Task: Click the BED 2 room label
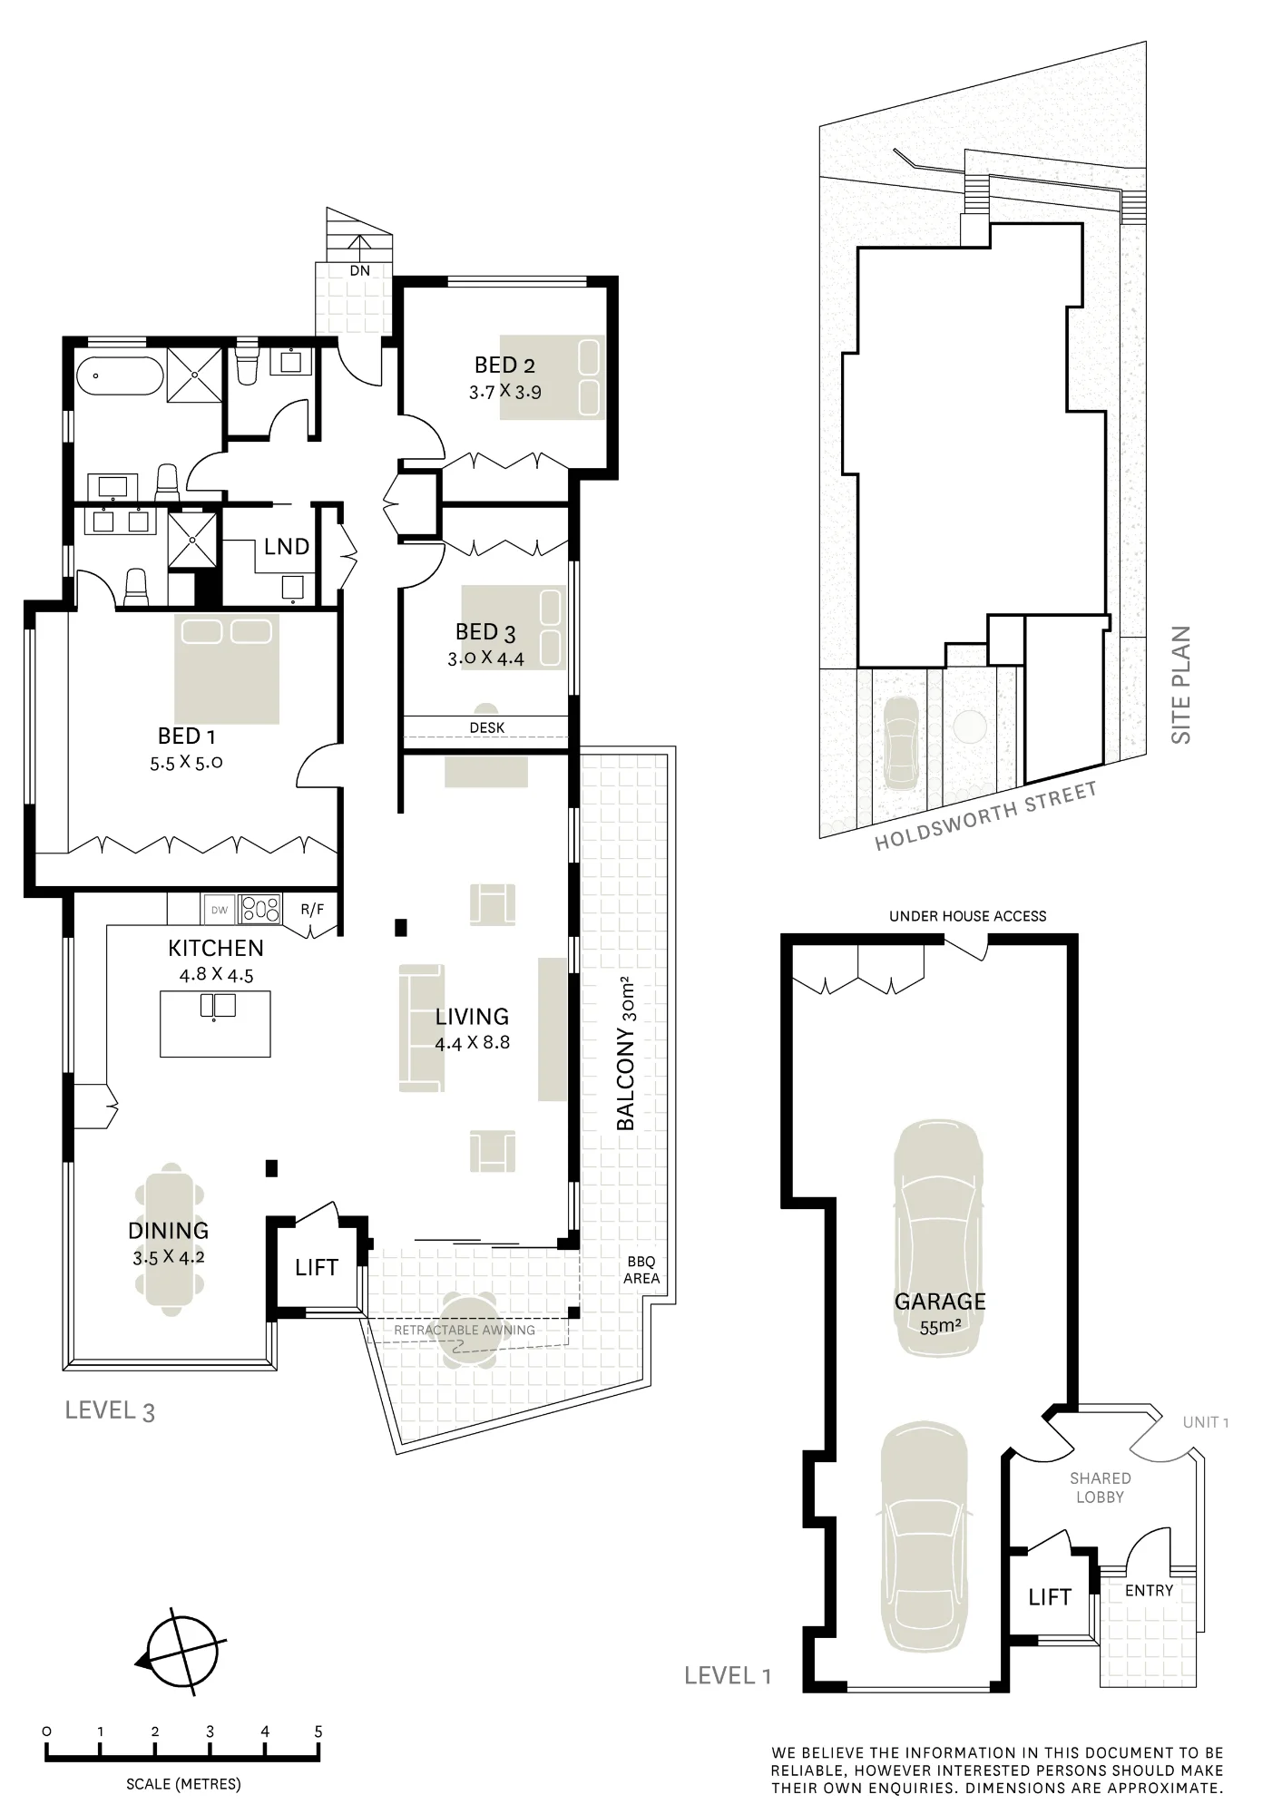[504, 366]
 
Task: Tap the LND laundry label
[287, 547]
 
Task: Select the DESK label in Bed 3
[487, 727]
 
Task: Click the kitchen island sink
[218, 1006]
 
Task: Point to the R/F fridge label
[312, 909]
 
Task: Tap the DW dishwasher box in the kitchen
[220, 910]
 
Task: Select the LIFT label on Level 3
[317, 1267]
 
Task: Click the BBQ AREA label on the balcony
[641, 1270]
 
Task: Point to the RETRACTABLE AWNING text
[465, 1330]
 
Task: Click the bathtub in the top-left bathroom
[120, 377]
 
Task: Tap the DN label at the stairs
[359, 270]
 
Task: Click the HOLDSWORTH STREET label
[986, 815]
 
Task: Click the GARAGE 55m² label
[940, 1313]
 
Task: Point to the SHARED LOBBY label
[1100, 1487]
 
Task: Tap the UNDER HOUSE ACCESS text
[967, 916]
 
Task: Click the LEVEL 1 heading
[728, 1675]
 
